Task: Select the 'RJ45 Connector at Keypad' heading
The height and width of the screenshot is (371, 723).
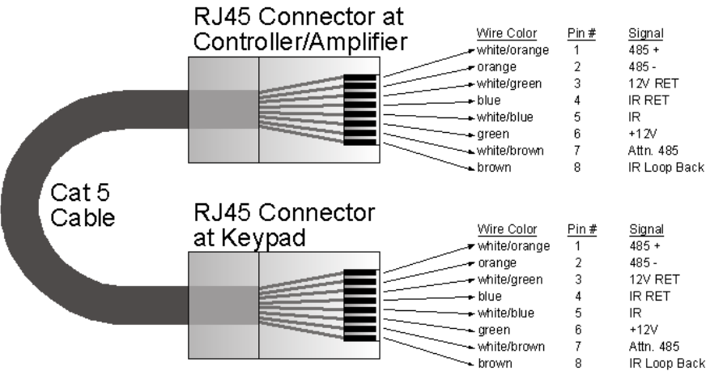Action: coord(283,226)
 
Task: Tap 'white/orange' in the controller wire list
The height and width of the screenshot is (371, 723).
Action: coord(512,50)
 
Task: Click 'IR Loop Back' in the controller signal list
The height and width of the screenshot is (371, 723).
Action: coord(666,168)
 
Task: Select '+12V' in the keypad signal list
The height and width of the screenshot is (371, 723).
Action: coord(640,330)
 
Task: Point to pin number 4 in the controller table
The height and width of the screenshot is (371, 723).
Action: coord(576,100)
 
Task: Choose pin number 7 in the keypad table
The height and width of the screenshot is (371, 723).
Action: coord(577,347)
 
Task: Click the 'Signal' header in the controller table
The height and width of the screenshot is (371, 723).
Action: coord(645,33)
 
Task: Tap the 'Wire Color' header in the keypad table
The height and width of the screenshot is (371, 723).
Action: coord(504,228)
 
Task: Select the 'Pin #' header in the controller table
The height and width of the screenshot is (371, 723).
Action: coord(581,33)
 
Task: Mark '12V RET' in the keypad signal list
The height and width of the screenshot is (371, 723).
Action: coord(649,279)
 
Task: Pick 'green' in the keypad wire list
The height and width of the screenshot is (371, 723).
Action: coord(494,330)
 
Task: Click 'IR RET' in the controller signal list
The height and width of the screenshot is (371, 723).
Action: coord(647,100)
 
